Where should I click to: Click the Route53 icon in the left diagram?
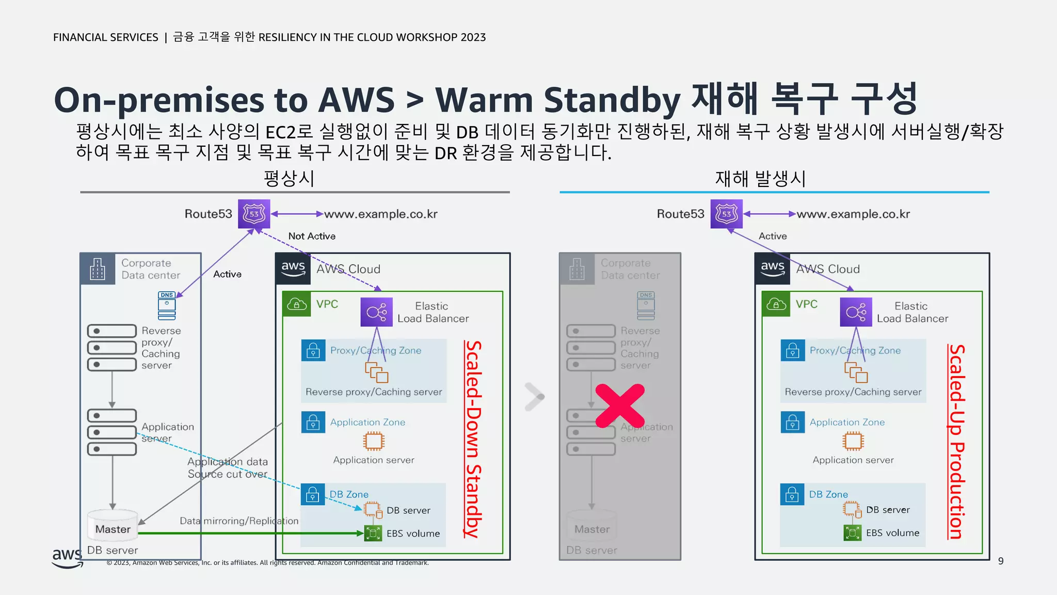(x=254, y=214)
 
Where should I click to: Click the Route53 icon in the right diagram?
(x=726, y=214)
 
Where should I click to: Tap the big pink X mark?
(x=620, y=406)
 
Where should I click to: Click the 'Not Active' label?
(x=312, y=236)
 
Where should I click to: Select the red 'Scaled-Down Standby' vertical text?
(x=473, y=440)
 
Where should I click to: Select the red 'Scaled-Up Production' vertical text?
(x=957, y=442)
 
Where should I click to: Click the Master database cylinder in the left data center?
(x=113, y=526)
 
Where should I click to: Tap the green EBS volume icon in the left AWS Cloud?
(x=373, y=533)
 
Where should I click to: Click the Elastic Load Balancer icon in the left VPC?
(x=376, y=312)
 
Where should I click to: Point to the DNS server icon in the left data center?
(x=167, y=305)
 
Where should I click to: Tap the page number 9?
(x=1001, y=561)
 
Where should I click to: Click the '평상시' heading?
(x=289, y=179)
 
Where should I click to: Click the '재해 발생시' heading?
(x=760, y=179)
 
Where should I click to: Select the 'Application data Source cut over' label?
(x=228, y=467)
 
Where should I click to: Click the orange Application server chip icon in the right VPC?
(x=853, y=441)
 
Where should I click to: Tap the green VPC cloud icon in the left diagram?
(x=296, y=304)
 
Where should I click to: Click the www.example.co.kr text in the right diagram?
(x=853, y=214)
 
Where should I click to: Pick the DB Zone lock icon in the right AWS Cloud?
(x=792, y=495)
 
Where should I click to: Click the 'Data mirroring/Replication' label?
(x=239, y=521)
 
